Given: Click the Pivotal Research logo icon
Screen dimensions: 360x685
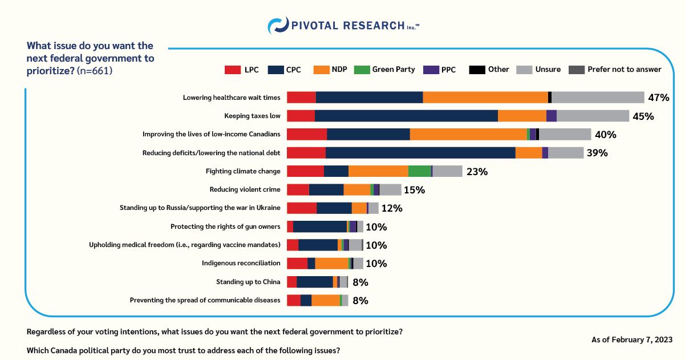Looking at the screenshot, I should (x=277, y=26).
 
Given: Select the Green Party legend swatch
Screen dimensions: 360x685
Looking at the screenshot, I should (x=362, y=70).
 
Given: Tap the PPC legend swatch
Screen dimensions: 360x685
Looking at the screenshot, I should (x=431, y=70).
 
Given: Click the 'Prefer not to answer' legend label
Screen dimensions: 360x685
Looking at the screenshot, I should (x=625, y=70).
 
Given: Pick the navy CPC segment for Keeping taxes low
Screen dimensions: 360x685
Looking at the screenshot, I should (x=406, y=116).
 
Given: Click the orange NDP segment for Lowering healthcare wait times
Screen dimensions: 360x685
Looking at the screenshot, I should (x=485, y=98).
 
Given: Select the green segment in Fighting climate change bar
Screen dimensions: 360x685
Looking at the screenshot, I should (x=419, y=171).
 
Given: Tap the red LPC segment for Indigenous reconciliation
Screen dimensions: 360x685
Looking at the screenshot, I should (x=297, y=263).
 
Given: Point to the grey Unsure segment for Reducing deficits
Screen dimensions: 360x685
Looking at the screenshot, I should (x=565, y=153).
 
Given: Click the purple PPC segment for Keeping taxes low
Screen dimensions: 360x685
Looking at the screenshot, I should (x=551, y=116).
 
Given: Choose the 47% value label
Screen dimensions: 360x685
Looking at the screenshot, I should (x=658, y=98).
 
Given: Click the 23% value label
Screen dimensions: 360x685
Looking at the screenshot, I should (x=477, y=171).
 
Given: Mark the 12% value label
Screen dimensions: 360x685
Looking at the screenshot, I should (x=392, y=208).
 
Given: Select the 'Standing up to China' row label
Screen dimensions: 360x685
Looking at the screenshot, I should (x=248, y=282).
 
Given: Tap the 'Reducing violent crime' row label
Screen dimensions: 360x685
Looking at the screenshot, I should (x=245, y=189).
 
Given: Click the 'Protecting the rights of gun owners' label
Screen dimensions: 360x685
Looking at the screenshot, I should (x=225, y=226).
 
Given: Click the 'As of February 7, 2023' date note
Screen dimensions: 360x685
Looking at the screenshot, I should (x=632, y=339).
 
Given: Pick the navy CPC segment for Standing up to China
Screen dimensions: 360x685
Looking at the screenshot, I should (x=315, y=282).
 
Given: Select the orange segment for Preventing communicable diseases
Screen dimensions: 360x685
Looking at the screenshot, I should (x=326, y=300).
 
